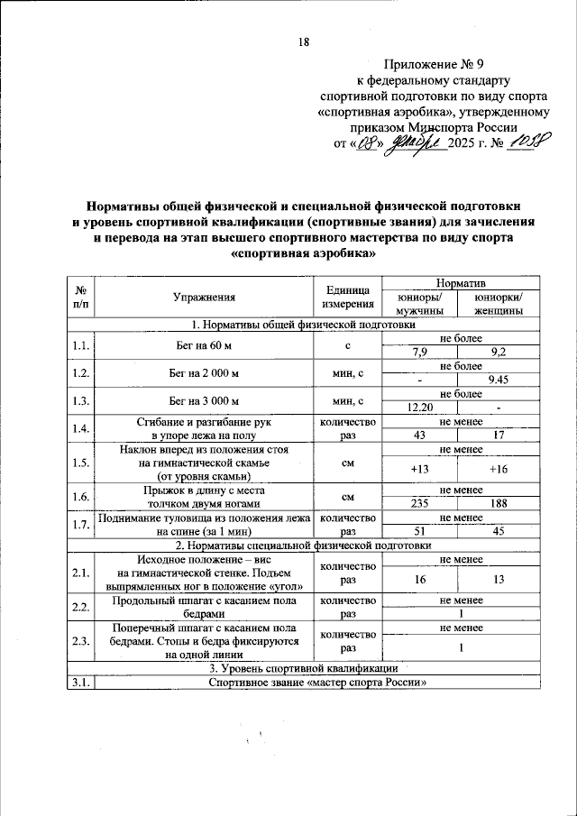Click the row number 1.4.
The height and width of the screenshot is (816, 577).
[80, 429]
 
